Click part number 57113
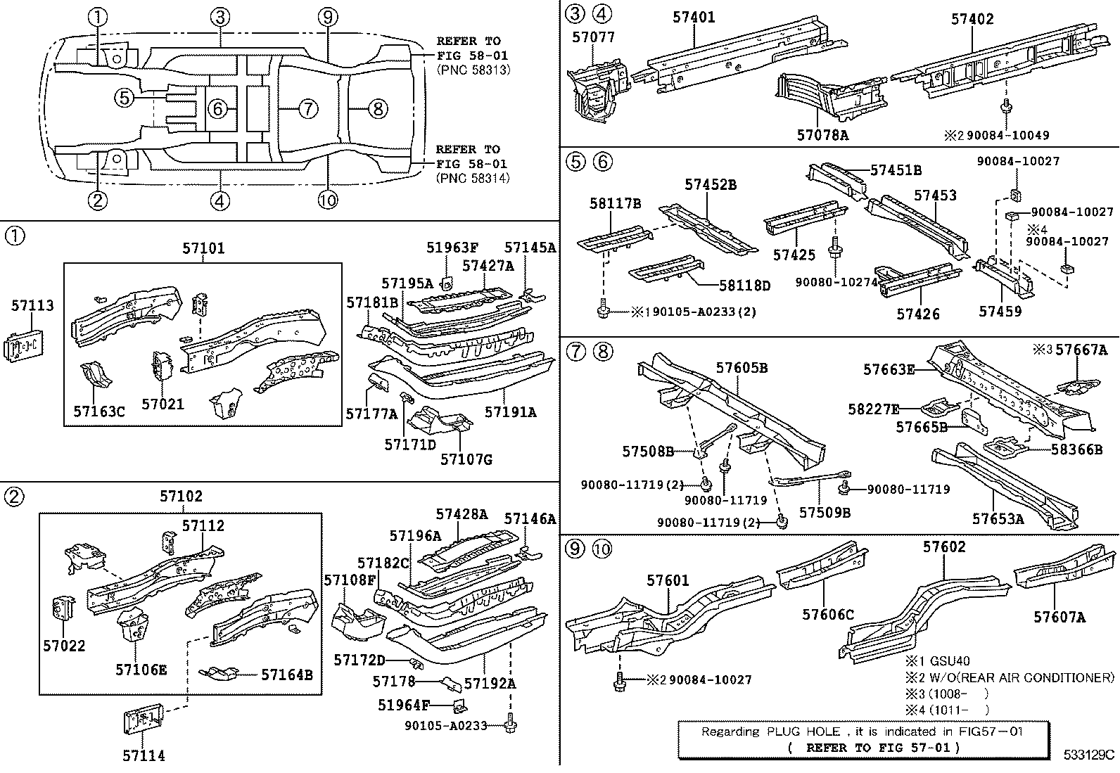click(32, 305)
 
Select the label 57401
click(694, 17)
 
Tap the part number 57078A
click(822, 135)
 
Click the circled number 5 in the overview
click(124, 98)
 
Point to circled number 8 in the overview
click(378, 108)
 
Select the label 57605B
click(742, 367)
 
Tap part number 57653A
click(998, 519)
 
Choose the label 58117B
click(615, 204)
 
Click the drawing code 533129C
click(1088, 755)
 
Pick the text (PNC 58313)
click(473, 70)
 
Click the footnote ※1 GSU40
click(937, 661)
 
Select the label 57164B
click(286, 675)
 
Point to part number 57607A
click(1059, 617)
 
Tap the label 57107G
click(466, 459)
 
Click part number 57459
click(1000, 310)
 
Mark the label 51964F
click(403, 705)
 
